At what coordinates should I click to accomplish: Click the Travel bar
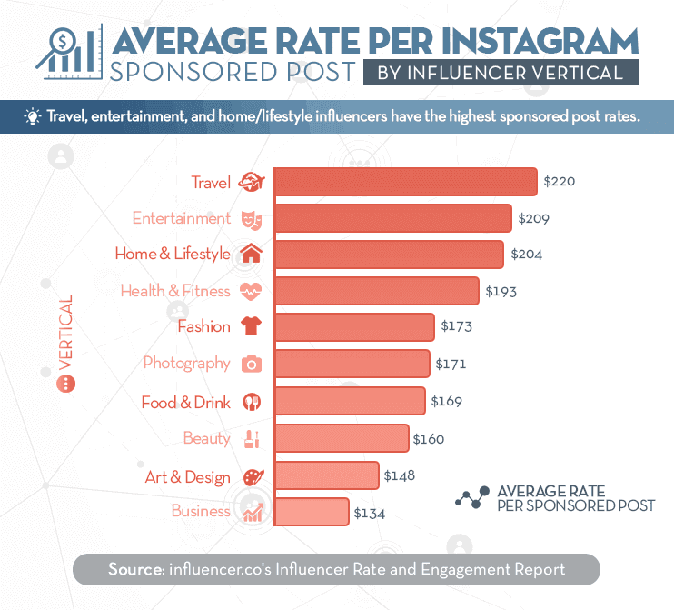click(405, 182)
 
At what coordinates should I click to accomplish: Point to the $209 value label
click(534, 219)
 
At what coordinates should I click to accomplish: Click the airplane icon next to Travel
click(250, 183)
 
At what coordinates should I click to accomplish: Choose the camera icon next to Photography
click(251, 364)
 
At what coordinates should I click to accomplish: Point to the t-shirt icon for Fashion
click(251, 326)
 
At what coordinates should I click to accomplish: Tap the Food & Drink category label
click(185, 402)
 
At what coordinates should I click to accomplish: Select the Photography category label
click(186, 364)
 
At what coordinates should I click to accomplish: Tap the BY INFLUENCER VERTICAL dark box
click(501, 72)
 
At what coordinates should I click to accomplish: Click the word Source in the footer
click(134, 570)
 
